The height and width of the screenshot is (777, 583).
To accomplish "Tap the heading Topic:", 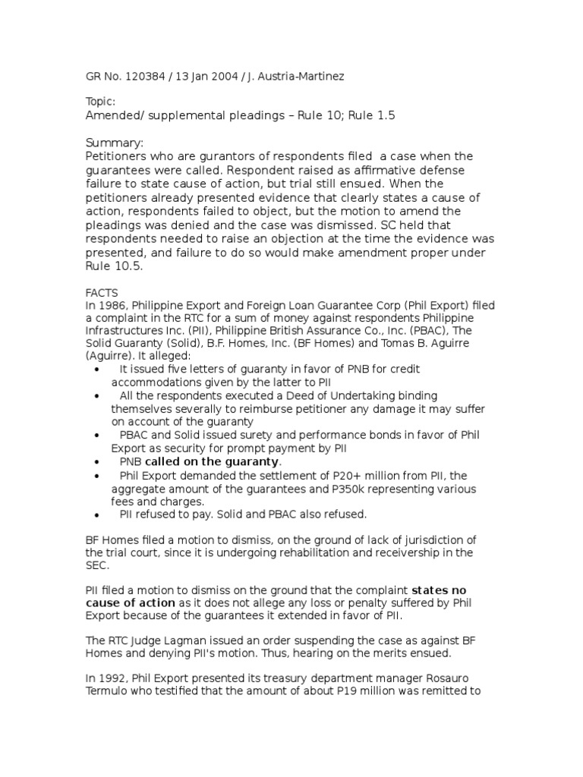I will [x=100, y=101].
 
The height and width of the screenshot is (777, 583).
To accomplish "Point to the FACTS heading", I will [x=101, y=291].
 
